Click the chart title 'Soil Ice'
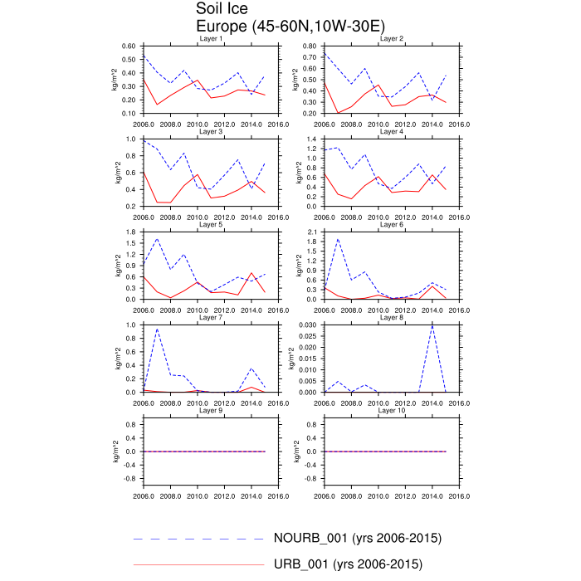(222, 9)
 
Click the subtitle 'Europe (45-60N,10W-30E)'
(280, 26)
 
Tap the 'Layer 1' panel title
(211, 39)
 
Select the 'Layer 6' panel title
(391, 225)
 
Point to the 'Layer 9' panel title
(211, 411)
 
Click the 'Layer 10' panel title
(391, 411)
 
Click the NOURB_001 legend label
(357, 538)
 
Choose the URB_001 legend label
(348, 564)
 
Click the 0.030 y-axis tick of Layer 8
(307, 325)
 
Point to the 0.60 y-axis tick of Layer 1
(129, 46)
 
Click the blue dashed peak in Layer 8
(432, 325)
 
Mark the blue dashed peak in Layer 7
(157, 329)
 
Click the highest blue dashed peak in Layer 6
(338, 239)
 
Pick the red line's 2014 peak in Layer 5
(251, 273)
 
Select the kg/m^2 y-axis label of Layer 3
(118, 173)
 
